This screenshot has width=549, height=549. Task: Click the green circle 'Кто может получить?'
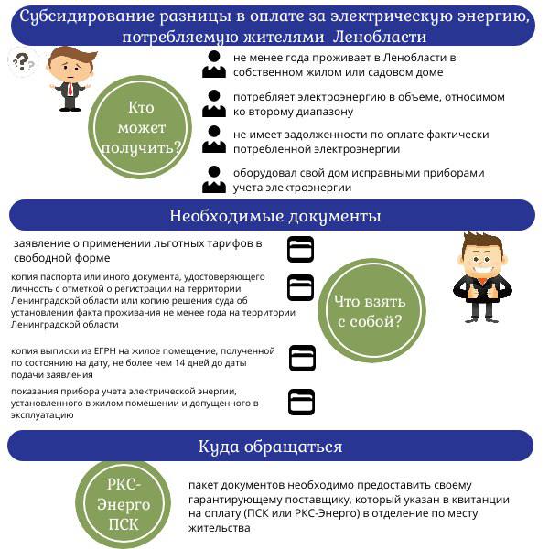(140, 127)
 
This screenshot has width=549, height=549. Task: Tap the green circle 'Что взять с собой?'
(371, 310)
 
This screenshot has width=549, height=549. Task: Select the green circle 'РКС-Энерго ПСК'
(124, 504)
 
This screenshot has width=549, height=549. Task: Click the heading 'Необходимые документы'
(274, 216)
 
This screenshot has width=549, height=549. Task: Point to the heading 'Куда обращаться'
(270, 447)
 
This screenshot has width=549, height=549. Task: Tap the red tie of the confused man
(70, 90)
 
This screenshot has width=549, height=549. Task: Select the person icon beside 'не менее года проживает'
(214, 64)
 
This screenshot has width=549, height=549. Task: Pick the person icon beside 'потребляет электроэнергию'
(214, 103)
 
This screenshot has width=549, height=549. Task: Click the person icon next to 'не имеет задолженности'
(214, 140)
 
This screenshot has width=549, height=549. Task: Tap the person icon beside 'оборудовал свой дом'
(214, 179)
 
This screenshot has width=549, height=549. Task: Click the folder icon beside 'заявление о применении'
(300, 249)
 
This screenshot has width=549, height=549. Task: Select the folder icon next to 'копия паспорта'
(300, 288)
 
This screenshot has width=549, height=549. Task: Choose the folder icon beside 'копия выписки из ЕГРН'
(302, 358)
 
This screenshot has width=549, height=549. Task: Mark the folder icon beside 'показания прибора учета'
(301, 402)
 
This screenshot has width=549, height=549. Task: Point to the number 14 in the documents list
(180, 362)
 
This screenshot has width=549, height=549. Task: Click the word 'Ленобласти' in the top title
(380, 37)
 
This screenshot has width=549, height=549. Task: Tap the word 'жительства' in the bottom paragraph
(220, 528)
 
